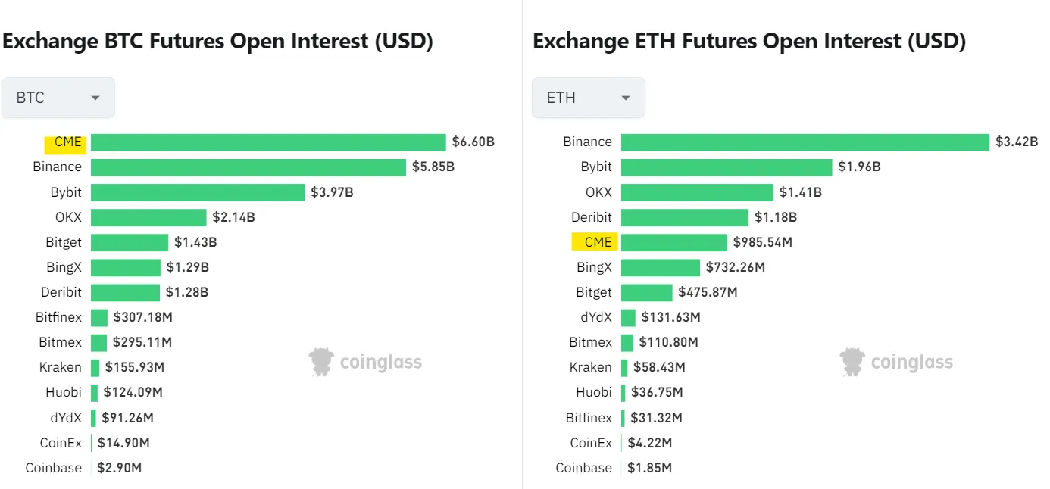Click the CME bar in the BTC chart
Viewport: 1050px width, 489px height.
[268, 142]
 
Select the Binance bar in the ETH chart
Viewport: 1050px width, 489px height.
[805, 142]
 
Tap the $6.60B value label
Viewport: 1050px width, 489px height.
[473, 142]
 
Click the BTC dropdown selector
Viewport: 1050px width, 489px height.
[58, 98]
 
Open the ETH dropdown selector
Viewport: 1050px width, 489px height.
[589, 98]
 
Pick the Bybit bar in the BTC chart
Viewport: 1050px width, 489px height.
[197, 192]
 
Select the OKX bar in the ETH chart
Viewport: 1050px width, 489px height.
[697, 192]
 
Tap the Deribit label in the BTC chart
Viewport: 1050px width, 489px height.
[61, 292]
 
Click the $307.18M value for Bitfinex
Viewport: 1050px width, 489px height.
[142, 317]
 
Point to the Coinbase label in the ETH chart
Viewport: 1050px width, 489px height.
[583, 468]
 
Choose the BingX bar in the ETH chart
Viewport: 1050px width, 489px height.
[660, 267]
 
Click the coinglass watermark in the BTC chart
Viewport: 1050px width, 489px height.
[366, 363]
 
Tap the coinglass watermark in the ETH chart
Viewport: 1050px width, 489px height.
[897, 363]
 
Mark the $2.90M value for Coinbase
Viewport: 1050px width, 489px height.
[120, 468]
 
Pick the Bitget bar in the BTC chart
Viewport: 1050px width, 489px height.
[130, 242]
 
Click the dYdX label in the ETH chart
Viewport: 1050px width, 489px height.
[595, 317]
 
